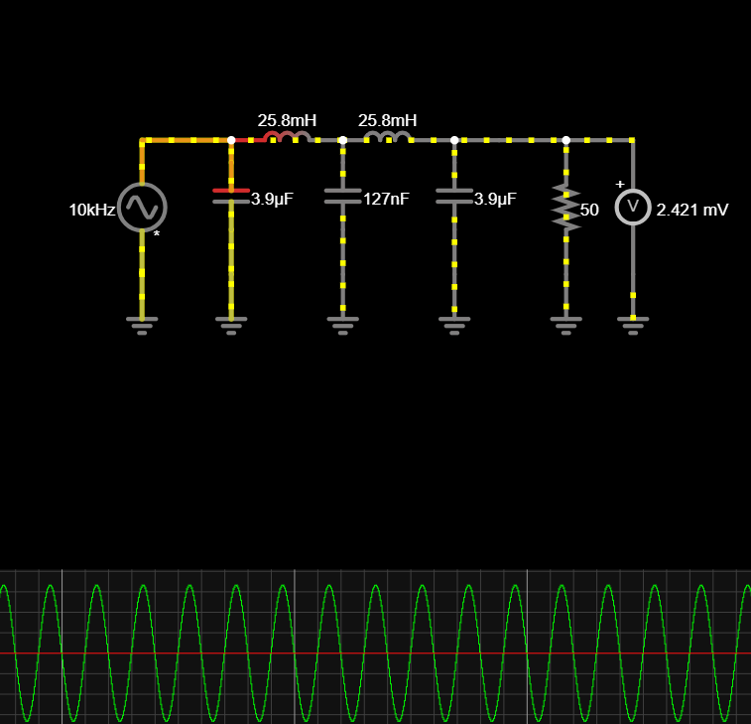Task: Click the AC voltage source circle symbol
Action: pos(142,207)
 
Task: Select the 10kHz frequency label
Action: pos(91,211)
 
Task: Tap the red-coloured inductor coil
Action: pos(287,137)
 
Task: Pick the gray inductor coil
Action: pos(387,137)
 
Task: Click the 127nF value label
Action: pos(386,199)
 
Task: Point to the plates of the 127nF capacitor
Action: pos(342,196)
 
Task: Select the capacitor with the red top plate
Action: pos(231,196)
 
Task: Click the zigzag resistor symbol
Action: pos(565,208)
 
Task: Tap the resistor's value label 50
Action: pos(589,211)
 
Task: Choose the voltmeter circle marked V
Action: pos(633,207)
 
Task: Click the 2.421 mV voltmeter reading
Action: pos(692,211)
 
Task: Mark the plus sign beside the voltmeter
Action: pos(620,184)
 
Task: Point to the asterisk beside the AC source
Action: pos(156,235)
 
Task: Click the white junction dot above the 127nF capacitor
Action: pos(342,140)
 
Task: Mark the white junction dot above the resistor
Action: pos(565,140)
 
